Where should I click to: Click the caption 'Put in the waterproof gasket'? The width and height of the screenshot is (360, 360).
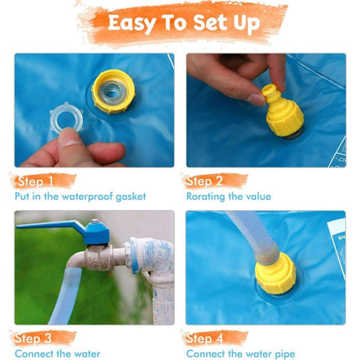point(80,197)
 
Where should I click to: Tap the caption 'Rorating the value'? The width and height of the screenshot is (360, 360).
point(229,197)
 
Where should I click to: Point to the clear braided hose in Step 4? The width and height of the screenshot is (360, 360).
point(243,239)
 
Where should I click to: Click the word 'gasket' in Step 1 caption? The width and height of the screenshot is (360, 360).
point(129,197)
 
